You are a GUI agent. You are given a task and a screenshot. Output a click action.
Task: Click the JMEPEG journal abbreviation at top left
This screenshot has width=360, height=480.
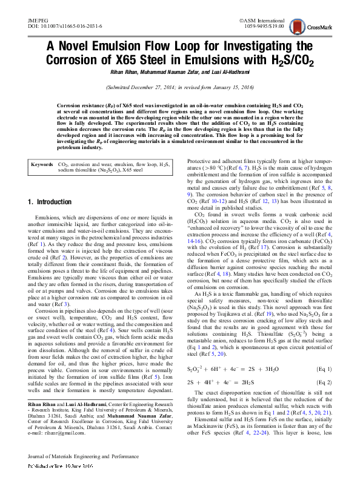(38, 20)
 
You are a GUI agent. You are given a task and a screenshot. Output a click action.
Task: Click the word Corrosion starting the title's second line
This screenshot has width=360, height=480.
(76, 60)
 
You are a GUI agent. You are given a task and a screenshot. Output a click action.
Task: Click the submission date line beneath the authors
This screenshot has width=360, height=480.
(180, 87)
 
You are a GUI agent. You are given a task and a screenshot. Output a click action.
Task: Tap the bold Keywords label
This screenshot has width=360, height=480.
(42, 147)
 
